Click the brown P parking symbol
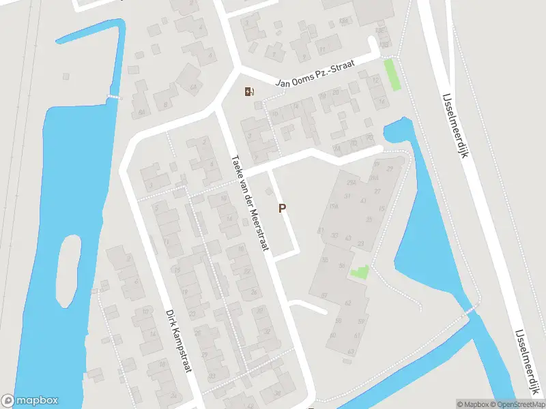tap(282, 209)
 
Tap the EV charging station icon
tap(249, 91)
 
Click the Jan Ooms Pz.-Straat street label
tap(316, 73)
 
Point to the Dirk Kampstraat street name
tap(177, 341)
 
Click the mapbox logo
tap(30, 401)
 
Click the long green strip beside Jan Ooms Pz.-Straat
tap(392, 74)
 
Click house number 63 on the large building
tap(351, 352)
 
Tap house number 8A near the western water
tap(141, 112)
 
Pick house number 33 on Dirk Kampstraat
tap(212, 376)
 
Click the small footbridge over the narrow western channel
tap(114, 97)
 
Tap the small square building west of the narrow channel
tap(66, 76)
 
